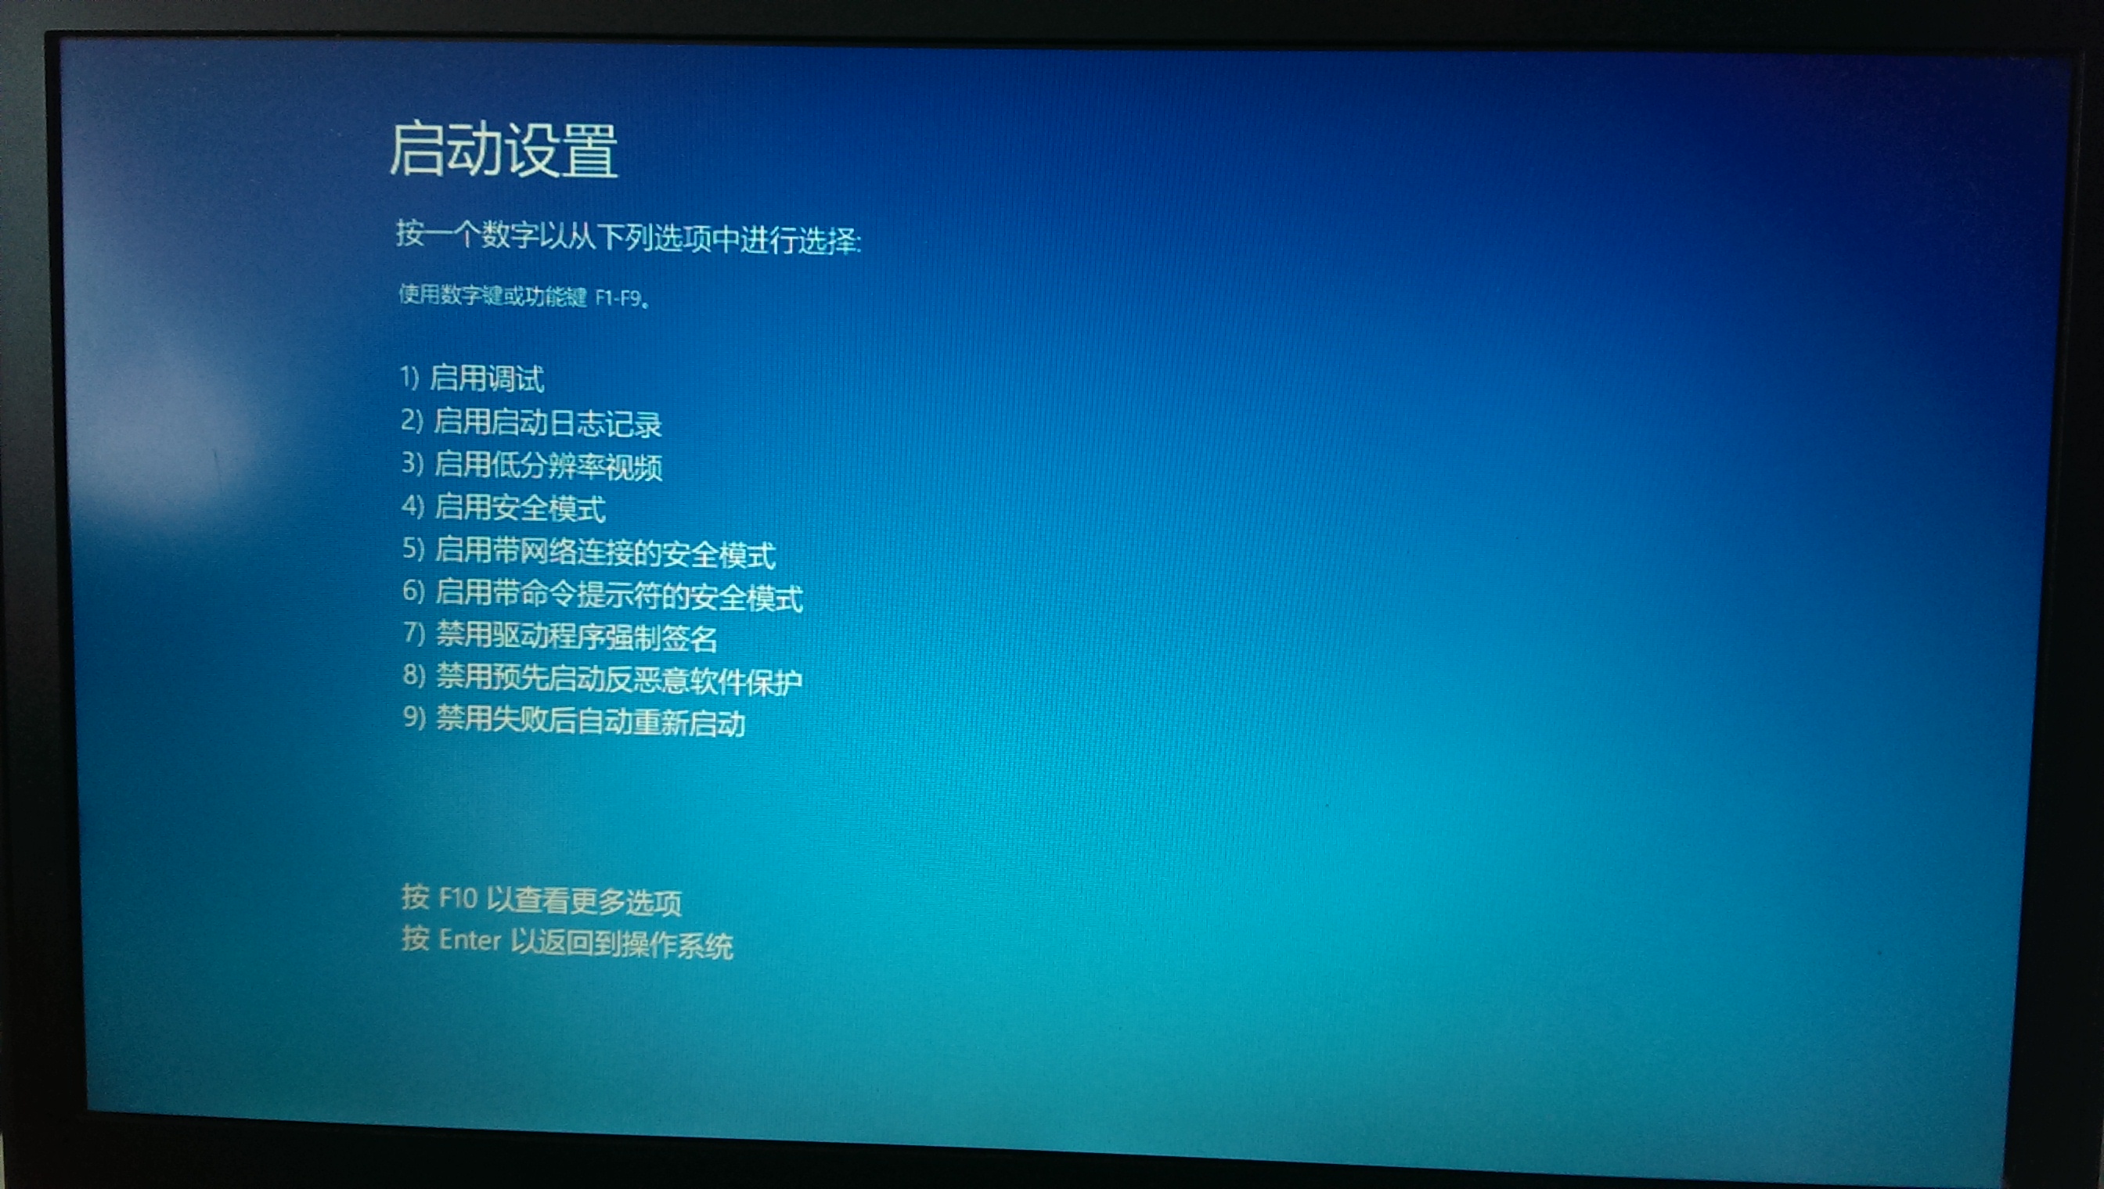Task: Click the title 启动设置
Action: pyautogui.click(x=503, y=150)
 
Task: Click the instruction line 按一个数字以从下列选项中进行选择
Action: pyautogui.click(x=629, y=238)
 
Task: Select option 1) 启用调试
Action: pyautogui.click(x=472, y=378)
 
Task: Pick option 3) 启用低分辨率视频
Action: pyautogui.click(x=532, y=465)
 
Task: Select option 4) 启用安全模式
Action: pyautogui.click(x=503, y=508)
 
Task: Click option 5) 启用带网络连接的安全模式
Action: pyautogui.click(x=589, y=553)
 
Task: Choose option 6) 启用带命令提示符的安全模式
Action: pyautogui.click(x=603, y=594)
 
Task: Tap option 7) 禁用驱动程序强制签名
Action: pyautogui.click(x=560, y=637)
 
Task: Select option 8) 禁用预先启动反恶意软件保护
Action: pyautogui.click(x=603, y=680)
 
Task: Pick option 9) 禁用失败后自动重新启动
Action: pyautogui.click(x=575, y=721)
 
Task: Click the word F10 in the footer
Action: pyautogui.click(x=458, y=899)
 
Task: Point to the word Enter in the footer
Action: pyautogui.click(x=470, y=941)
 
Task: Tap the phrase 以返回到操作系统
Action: pyautogui.click(x=621, y=945)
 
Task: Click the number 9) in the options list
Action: pyautogui.click(x=414, y=717)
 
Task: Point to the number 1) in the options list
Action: pyautogui.click(x=409, y=377)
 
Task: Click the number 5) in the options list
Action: pyautogui.click(x=413, y=549)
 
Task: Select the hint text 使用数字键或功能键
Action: pyautogui.click(x=492, y=295)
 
